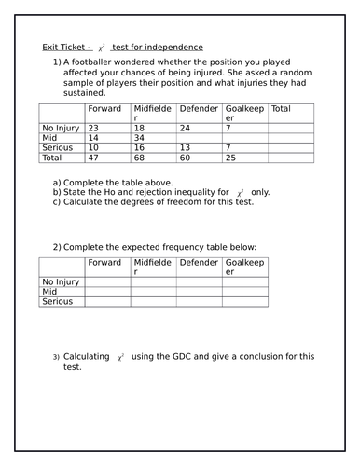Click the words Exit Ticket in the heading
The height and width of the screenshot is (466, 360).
(65, 48)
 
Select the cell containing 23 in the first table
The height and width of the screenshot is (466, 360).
(93, 127)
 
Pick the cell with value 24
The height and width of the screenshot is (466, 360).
(185, 127)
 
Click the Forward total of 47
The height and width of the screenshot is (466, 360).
(93, 158)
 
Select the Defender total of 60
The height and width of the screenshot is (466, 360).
(185, 158)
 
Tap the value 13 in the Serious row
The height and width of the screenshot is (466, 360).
(185, 147)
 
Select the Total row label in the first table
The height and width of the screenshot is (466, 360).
(51, 158)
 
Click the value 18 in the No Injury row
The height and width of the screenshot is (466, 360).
(140, 127)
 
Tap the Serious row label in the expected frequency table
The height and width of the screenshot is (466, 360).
(57, 302)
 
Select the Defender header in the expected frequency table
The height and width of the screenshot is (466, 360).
(199, 263)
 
